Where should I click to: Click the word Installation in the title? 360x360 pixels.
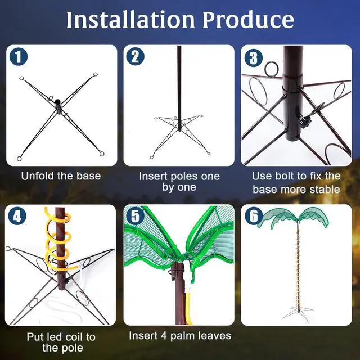pos(130,20)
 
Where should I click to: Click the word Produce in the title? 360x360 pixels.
pos(249,20)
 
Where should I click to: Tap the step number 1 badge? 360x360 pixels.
pos(19,56)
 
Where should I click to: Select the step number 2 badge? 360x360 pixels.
pos(135,56)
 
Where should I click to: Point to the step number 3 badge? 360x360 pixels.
pos(254,57)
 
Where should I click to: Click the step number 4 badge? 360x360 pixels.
pos(17,216)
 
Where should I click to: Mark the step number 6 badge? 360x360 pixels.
pos(254,216)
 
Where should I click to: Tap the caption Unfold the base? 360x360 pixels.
pos(61,176)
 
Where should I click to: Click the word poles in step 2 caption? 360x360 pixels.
pos(184,177)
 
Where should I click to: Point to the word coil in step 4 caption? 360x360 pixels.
pos(74,337)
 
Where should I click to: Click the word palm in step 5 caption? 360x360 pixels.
pos(183,336)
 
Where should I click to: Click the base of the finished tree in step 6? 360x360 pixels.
pos(298,313)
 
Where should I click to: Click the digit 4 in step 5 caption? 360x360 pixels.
pos(164,336)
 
